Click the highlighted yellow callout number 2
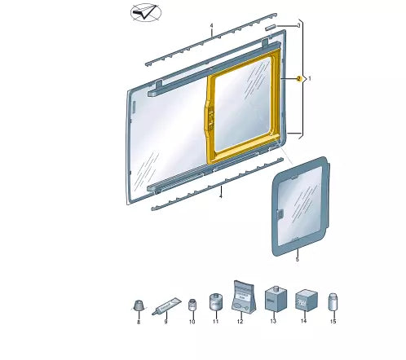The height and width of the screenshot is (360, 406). coord(299,79)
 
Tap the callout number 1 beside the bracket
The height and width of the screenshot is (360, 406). coord(309,79)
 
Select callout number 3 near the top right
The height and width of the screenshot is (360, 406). coord(298,25)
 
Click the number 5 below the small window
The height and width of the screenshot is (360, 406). coord(298,259)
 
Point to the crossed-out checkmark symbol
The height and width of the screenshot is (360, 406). coord(146,12)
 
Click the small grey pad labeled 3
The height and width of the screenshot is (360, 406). coord(271,27)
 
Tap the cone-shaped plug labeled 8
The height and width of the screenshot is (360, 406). coord(139,305)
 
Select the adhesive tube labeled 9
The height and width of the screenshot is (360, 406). coord(166,306)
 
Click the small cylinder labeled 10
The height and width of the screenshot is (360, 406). coord(192,305)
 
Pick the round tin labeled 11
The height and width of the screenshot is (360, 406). coord(216,301)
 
